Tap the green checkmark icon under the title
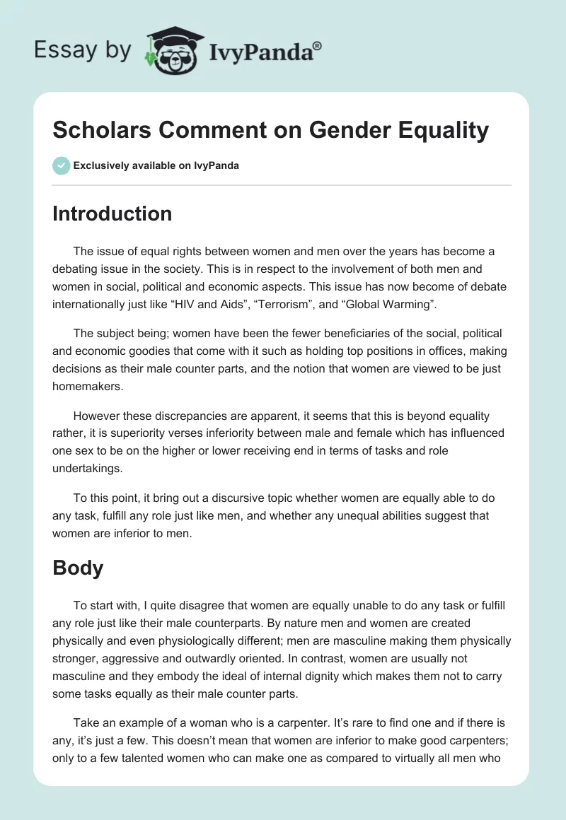click(61, 165)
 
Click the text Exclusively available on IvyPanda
click(156, 166)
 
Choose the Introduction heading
click(112, 214)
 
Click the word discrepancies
click(194, 416)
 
